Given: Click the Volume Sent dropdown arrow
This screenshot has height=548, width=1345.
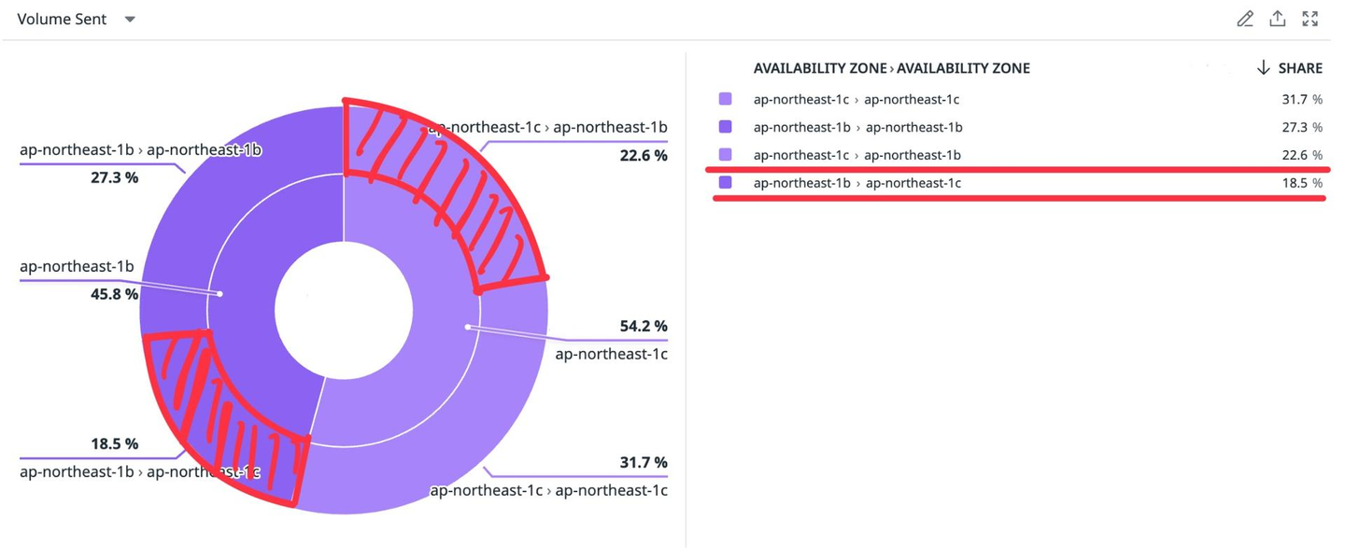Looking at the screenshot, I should (x=130, y=20).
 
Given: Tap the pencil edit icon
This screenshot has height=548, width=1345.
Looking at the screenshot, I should (x=1244, y=19).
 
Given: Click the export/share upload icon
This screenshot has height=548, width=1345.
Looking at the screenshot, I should (x=1277, y=19).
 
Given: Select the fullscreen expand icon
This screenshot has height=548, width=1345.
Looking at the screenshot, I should (x=1310, y=19).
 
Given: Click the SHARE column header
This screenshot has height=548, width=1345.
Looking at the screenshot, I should (x=1290, y=68).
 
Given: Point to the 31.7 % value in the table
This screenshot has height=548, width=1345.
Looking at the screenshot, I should (x=1302, y=99).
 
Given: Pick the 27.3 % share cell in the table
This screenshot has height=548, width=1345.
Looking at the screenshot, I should (x=1302, y=127).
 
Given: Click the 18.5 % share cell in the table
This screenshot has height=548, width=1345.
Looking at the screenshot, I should (x=1302, y=183).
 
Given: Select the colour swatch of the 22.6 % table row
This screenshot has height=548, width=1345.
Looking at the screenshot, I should (x=726, y=155).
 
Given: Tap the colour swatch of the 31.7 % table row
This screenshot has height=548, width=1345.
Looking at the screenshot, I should (x=726, y=99).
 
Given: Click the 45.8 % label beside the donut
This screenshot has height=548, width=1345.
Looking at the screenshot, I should (x=114, y=294).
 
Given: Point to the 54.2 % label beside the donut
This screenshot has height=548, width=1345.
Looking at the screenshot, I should (x=644, y=326).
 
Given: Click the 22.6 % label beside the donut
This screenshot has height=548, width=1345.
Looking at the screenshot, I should (x=644, y=155).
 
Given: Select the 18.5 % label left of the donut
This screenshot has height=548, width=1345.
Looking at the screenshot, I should (x=114, y=443).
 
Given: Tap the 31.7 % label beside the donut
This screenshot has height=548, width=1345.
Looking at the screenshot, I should (x=644, y=462).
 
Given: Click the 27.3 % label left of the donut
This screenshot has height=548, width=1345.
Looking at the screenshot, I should (x=114, y=177).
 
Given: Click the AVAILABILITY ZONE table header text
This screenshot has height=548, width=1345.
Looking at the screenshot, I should (x=891, y=68).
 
